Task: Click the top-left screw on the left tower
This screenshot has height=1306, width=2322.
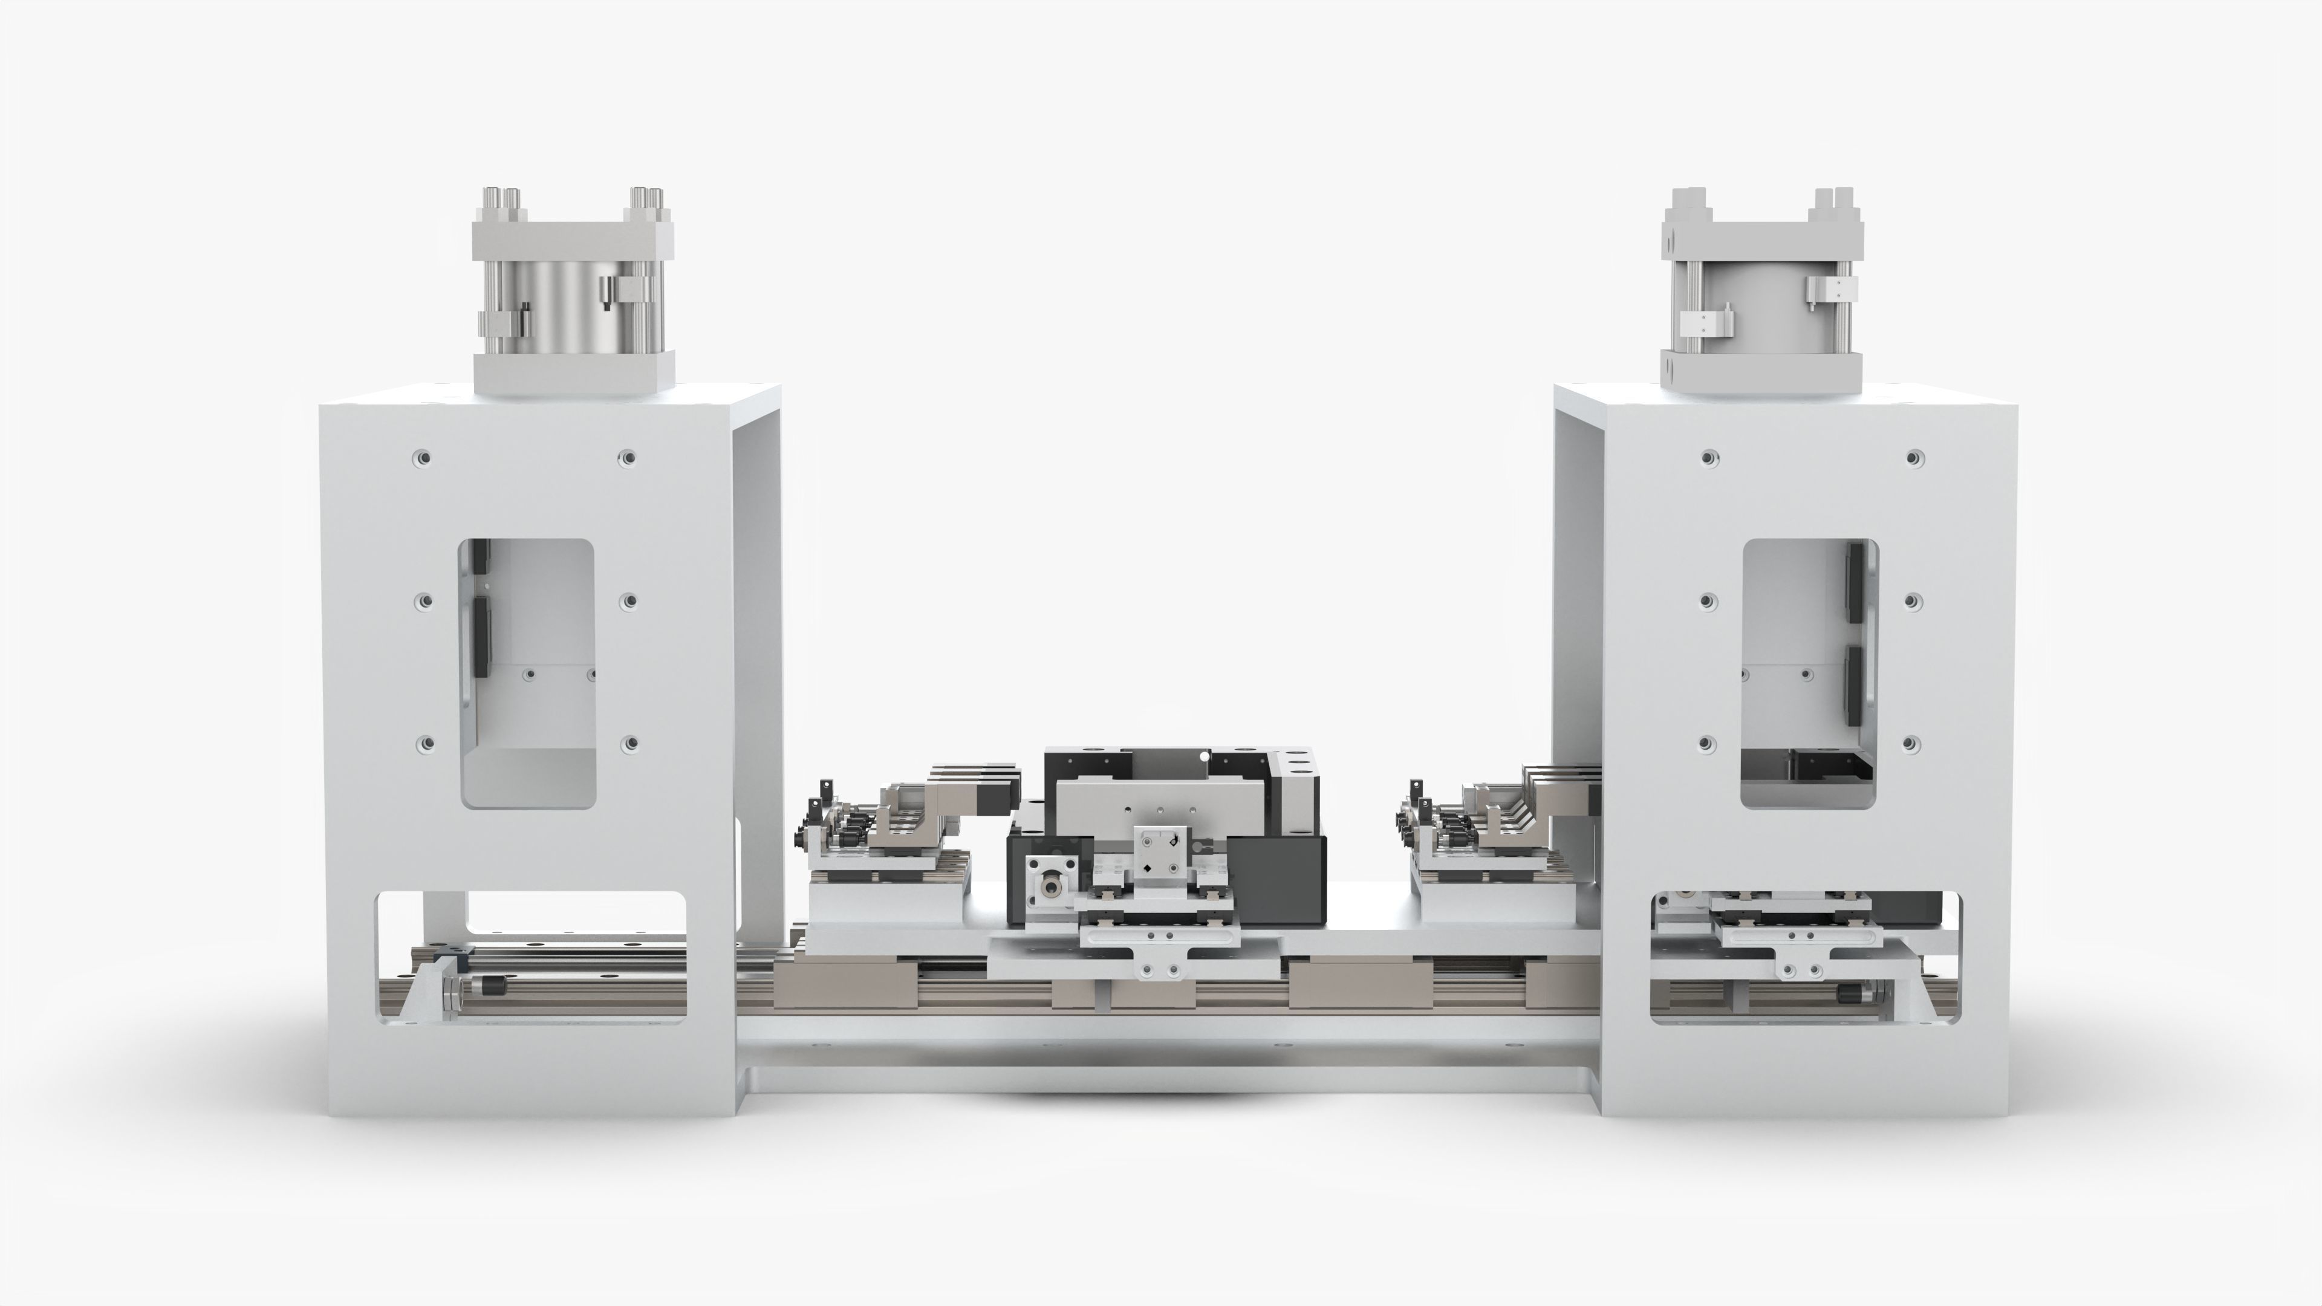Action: click(422, 458)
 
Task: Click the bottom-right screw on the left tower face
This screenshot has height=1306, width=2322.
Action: click(631, 744)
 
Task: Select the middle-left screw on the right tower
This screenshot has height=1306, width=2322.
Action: click(1706, 601)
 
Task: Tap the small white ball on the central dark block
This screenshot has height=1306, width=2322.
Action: click(1205, 756)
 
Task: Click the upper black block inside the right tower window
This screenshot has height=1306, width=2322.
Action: click(1855, 581)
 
